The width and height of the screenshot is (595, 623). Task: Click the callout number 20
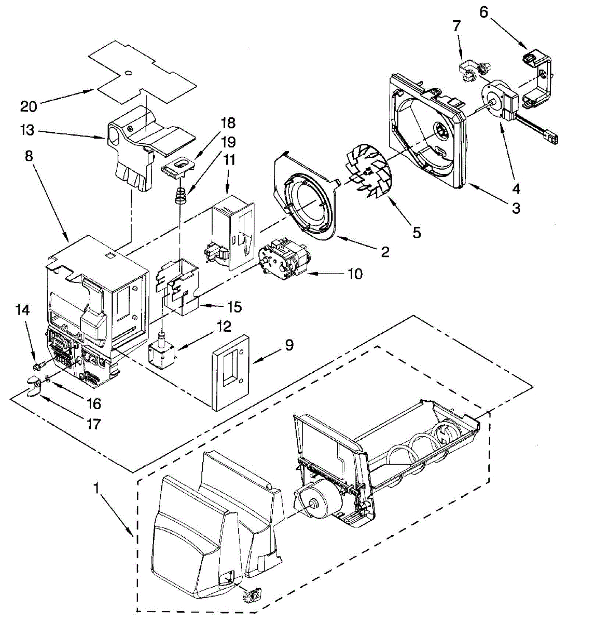[29, 107]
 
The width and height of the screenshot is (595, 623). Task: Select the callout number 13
[27, 130]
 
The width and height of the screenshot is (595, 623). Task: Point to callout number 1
[96, 488]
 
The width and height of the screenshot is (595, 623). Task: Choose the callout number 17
[93, 424]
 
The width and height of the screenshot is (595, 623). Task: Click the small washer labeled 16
[47, 379]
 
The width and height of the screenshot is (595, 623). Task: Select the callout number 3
[515, 209]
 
